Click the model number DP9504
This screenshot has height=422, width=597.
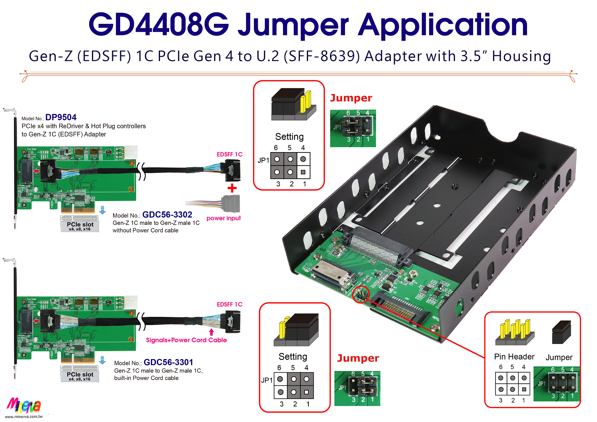[x=61, y=117]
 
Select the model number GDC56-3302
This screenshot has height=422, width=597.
[x=167, y=215]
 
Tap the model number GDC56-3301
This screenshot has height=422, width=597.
[x=168, y=363]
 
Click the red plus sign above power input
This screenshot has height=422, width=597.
[x=232, y=188]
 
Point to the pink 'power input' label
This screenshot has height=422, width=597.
[x=224, y=218]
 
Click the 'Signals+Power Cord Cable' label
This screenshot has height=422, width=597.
[x=186, y=340]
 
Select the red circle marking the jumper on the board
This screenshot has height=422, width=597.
[x=361, y=294]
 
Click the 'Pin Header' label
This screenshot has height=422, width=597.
[x=514, y=357]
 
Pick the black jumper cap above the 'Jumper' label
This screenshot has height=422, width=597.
[x=561, y=332]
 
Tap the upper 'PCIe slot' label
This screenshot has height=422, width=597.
[x=80, y=225]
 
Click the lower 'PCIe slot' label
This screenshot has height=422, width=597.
[x=80, y=375]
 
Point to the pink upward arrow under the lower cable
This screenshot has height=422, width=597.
[x=211, y=332]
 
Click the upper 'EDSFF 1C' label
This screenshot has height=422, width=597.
[x=230, y=154]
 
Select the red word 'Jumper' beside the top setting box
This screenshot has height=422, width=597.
[x=351, y=98]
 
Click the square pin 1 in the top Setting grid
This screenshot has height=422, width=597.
[x=303, y=172]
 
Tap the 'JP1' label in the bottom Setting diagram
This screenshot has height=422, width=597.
[x=267, y=380]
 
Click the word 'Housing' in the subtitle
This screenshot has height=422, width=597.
[x=521, y=57]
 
